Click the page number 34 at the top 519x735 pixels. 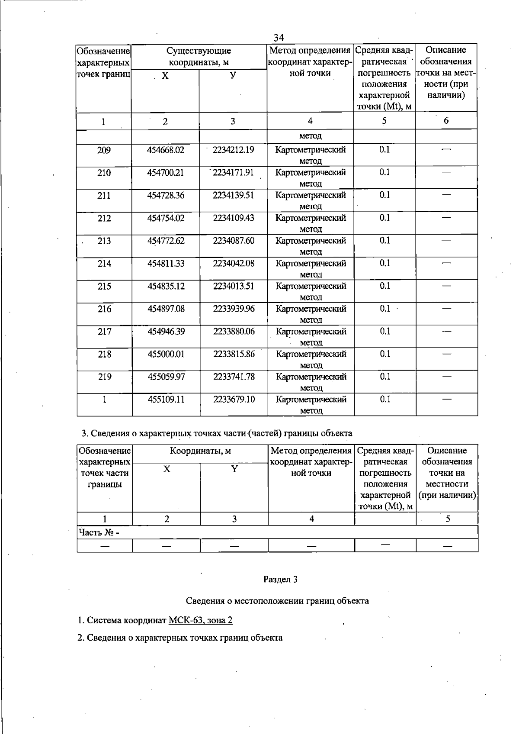(279, 38)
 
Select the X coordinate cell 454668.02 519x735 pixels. (166, 150)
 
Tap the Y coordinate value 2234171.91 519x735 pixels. (233, 173)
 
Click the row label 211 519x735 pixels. (104, 196)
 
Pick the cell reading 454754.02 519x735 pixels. (166, 218)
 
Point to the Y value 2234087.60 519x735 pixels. (233, 241)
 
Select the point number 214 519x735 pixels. (104, 264)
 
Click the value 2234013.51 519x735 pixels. (233, 286)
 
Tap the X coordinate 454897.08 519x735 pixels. (166, 309)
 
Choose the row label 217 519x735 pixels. (104, 332)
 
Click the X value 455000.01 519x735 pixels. (166, 354)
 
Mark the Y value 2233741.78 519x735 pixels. (234, 377)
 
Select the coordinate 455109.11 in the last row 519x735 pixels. (166, 400)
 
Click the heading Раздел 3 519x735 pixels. (280, 579)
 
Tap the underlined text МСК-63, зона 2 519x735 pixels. (200, 620)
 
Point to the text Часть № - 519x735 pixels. (99, 532)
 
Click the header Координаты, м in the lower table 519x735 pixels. (200, 451)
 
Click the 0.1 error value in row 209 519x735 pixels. (384, 150)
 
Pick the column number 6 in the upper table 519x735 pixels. (446, 121)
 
